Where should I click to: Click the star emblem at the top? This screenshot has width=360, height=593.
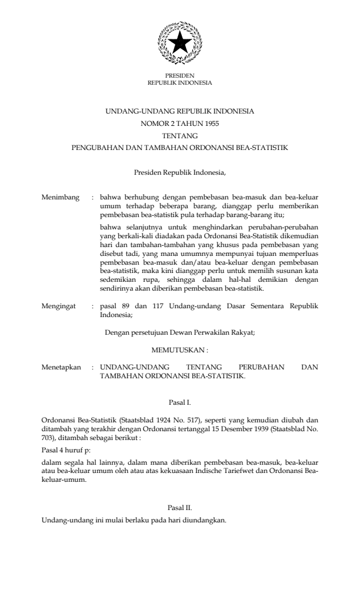[x=180, y=43]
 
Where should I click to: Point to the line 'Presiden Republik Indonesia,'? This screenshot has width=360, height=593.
[x=180, y=173]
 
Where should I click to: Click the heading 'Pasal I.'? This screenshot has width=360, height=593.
[x=180, y=403]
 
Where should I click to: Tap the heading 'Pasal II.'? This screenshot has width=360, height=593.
[x=180, y=506]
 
